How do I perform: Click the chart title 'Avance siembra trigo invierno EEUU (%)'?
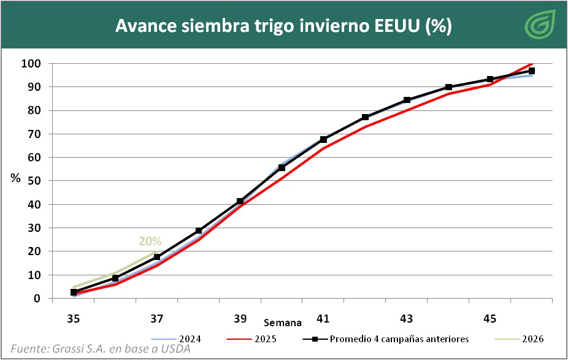point(283,26)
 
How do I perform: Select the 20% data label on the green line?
point(150,241)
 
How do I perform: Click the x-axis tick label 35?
point(74,319)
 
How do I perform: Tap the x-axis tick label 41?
point(323,319)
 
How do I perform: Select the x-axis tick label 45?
point(489,319)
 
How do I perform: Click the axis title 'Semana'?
point(283,323)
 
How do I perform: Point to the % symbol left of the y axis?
point(16,178)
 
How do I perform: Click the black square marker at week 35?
point(74,293)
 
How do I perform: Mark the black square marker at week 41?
point(323,140)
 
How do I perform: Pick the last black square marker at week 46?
point(531,71)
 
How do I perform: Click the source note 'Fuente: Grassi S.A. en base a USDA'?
point(101,349)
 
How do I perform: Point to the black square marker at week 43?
point(407,100)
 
